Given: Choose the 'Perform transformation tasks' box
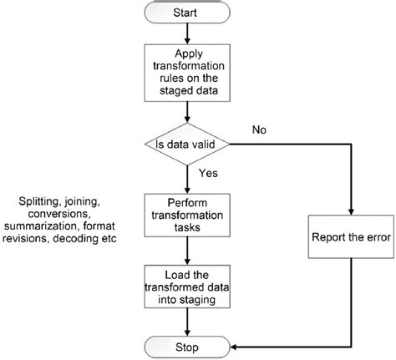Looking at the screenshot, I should pos(185,215).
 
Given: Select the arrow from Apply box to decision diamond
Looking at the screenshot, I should pos(185,113).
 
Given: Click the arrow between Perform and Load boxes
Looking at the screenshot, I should pos(185,251).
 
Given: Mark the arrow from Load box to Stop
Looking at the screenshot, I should pos(185,322).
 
